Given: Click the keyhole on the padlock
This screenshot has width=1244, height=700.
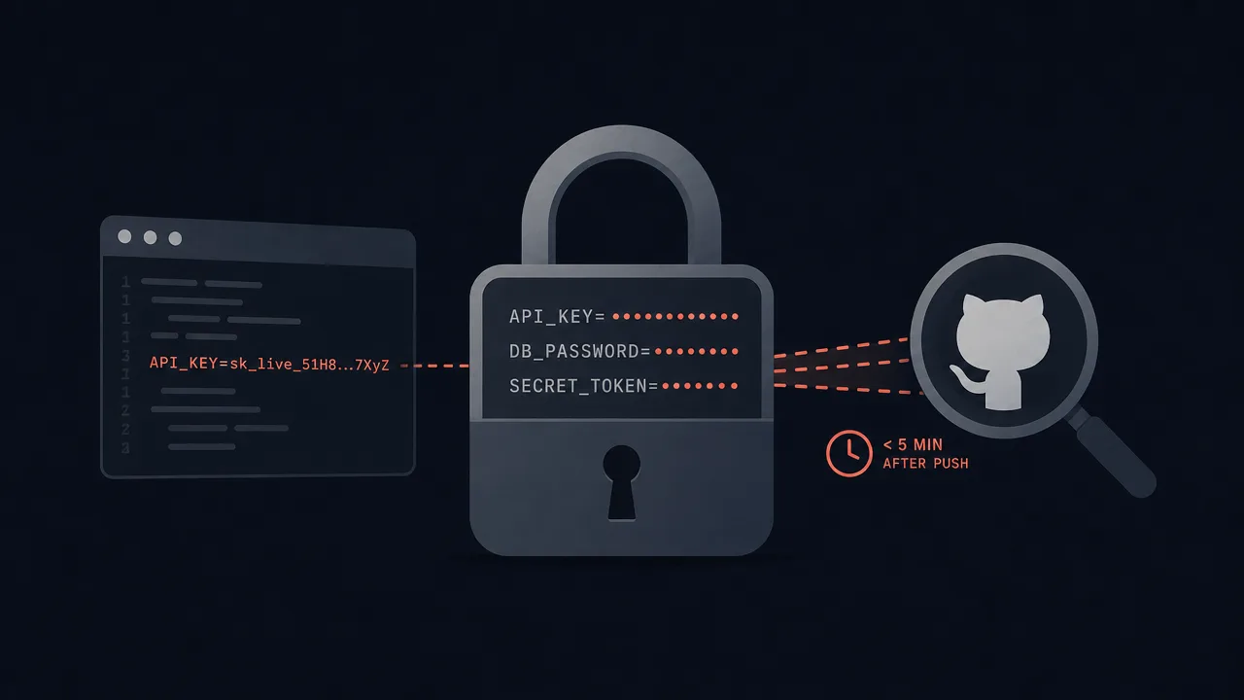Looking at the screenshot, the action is pyautogui.click(x=621, y=481).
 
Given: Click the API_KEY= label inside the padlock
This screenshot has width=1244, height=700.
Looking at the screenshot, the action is pyautogui.click(x=557, y=317).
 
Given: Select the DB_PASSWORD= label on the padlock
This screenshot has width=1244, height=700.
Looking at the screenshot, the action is pyautogui.click(x=580, y=351).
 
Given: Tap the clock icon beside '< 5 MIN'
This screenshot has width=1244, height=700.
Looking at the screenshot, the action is pyautogui.click(x=848, y=453).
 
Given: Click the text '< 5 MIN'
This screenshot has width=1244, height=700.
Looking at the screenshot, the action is pyautogui.click(x=913, y=444).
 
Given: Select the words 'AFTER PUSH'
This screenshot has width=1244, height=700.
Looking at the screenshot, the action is pyautogui.click(x=925, y=464).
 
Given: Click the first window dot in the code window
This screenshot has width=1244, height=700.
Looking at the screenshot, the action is pyautogui.click(x=124, y=236).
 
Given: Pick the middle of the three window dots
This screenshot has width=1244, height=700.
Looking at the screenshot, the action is pyautogui.click(x=150, y=238).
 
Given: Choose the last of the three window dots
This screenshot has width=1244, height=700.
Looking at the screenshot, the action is pyautogui.click(x=175, y=238).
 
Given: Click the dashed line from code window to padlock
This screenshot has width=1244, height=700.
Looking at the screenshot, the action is pyautogui.click(x=434, y=366).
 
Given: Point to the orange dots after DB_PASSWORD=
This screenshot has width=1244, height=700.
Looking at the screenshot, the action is pyautogui.click(x=697, y=351).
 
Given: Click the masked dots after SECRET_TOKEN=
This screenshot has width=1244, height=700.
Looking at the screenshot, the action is pyautogui.click(x=700, y=386).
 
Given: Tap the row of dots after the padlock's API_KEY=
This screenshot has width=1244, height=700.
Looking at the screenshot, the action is pyautogui.click(x=675, y=317).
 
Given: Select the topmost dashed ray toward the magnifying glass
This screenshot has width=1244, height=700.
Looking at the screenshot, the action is pyautogui.click(x=842, y=347).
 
